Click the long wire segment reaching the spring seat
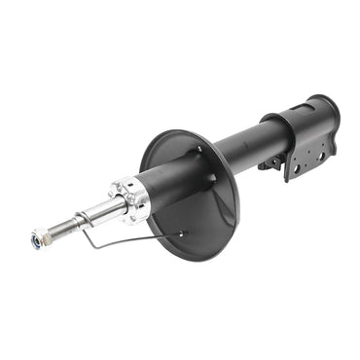click(136, 238)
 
